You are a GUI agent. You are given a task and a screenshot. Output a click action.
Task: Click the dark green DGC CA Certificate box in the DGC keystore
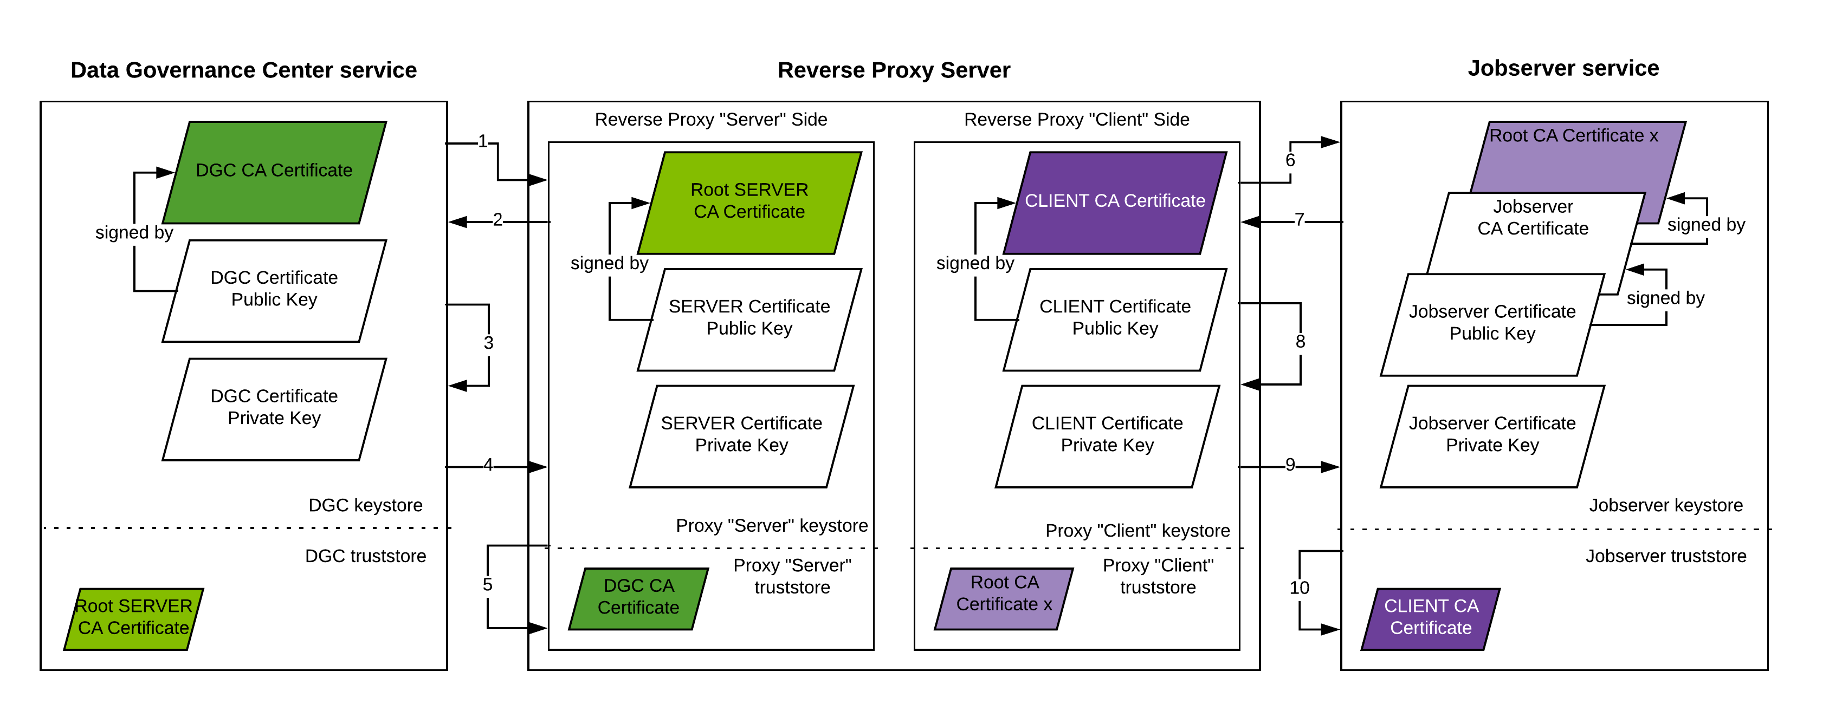click(x=274, y=172)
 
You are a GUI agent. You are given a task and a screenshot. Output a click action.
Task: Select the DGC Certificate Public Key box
click(x=274, y=290)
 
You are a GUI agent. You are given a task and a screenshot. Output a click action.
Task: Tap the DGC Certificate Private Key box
click(x=274, y=409)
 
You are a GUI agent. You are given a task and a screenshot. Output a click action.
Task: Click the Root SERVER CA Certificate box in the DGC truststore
click(x=133, y=618)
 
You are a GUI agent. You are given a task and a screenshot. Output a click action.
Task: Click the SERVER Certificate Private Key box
click(x=741, y=436)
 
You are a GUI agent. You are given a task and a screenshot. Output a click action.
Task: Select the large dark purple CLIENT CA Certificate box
click(x=1115, y=202)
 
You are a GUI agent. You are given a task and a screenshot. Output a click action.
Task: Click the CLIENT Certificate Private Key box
click(x=1107, y=436)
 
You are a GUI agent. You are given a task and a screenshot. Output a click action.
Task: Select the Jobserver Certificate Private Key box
click(x=1492, y=436)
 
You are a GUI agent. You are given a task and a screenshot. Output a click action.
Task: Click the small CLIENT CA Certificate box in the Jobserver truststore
click(x=1431, y=618)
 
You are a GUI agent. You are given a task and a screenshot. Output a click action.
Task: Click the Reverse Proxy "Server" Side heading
click(x=710, y=120)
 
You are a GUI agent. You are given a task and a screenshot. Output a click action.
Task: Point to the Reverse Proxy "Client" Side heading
click(x=1076, y=120)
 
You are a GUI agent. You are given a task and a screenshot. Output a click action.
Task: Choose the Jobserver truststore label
click(x=1666, y=556)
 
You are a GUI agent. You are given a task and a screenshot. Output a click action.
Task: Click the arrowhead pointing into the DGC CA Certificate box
click(x=165, y=172)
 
